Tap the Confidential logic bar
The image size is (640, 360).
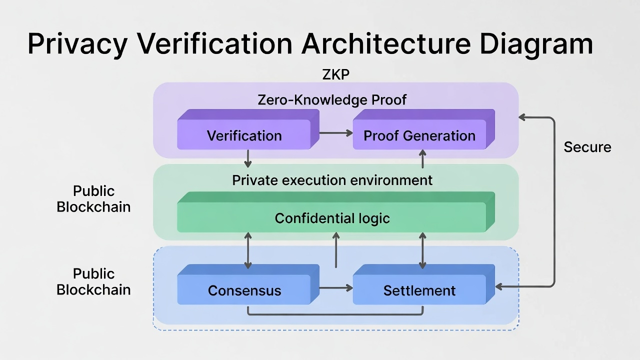point(332,218)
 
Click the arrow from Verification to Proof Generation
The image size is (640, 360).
point(335,132)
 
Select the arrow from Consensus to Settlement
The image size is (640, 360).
point(335,287)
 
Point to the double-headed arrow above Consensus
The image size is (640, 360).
point(247,250)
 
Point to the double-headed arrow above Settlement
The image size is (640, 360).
point(423,250)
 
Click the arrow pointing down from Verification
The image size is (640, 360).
point(247,159)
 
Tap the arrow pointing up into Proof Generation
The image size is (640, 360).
point(423,159)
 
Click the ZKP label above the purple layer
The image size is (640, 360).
point(336,74)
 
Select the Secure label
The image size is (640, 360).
point(587,147)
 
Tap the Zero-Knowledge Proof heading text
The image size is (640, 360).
point(332,100)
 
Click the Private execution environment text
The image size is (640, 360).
point(332,180)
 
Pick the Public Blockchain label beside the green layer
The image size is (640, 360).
point(93,198)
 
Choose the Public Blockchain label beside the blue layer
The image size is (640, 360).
point(93,281)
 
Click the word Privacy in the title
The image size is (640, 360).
point(77,44)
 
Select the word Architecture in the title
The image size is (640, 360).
point(385,44)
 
